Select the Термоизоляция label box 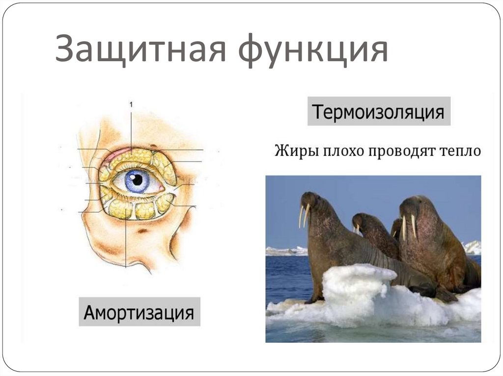coord(379,113)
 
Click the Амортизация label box coord(139,312)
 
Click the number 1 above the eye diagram coord(131,104)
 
